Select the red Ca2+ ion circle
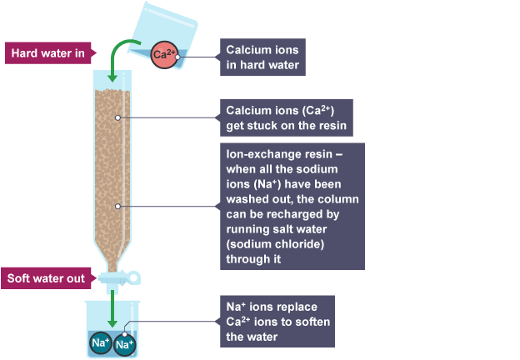tap(163, 55)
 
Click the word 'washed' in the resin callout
tap(249, 200)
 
